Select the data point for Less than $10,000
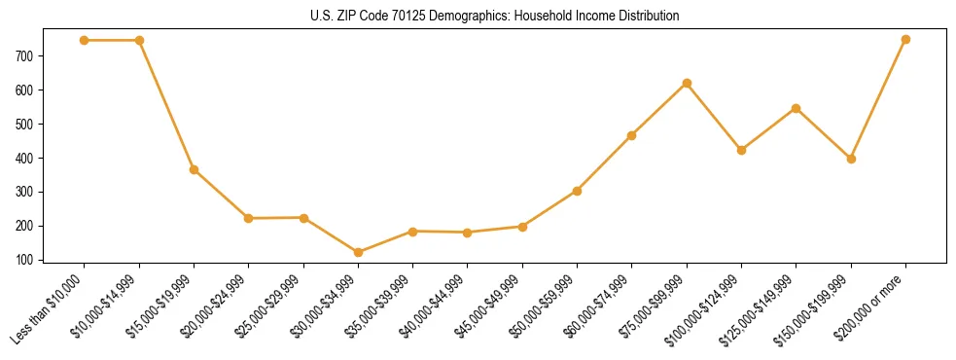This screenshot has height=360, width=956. coord(85,40)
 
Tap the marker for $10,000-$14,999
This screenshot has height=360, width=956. coord(139,40)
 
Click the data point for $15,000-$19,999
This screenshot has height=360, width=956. coord(195,169)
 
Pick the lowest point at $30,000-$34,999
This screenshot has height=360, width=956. coord(359,252)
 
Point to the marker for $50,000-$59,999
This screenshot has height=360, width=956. coord(578,191)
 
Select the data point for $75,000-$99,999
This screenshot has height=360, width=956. coord(687,83)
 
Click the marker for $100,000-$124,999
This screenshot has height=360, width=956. coord(741,150)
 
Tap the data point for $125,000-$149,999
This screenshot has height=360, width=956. coord(797,108)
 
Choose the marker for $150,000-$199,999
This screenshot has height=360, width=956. coord(851,159)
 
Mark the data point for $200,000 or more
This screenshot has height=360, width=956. coord(905,39)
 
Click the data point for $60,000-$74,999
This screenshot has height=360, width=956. coord(632,135)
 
